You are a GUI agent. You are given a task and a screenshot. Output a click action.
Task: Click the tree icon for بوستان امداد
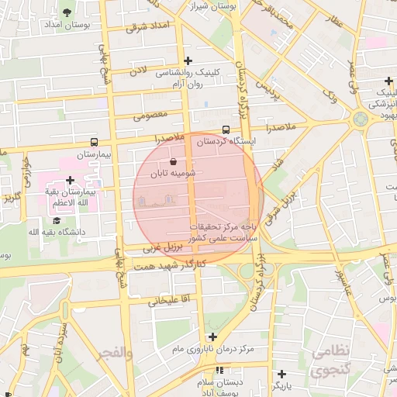(67, 12)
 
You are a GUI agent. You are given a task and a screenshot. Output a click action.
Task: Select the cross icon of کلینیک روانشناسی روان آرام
(188, 60)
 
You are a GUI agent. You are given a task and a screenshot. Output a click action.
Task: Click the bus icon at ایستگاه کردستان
(226, 129)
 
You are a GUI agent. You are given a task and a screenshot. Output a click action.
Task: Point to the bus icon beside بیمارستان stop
(94, 142)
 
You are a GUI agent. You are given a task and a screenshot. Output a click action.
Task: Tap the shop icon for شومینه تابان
(183, 162)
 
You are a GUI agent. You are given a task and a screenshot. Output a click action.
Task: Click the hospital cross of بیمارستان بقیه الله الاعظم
(70, 180)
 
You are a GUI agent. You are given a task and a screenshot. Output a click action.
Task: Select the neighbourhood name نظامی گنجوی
(331, 361)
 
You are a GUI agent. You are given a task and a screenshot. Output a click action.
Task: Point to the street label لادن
(137, 71)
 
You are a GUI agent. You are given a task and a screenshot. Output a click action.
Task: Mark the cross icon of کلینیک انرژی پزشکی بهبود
(388, 81)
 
